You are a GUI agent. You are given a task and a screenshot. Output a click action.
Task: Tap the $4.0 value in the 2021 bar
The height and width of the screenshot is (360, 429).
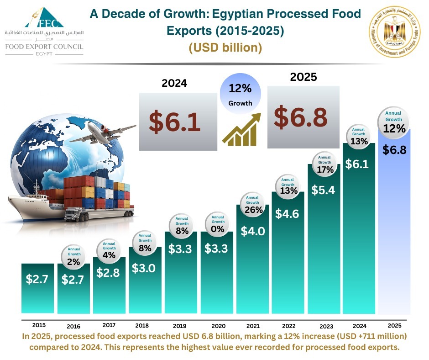coord(253,231)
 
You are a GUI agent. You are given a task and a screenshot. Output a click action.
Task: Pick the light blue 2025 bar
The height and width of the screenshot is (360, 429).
coord(395,228)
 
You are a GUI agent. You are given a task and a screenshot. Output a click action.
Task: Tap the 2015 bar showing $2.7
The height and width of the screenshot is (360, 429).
coord(37,288)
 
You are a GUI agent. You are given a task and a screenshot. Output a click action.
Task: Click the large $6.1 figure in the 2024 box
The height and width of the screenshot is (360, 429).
coord(175,122)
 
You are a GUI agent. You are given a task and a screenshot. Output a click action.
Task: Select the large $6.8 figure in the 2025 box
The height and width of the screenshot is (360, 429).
coord(300,117)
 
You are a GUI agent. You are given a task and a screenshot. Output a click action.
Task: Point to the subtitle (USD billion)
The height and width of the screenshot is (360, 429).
coord(225,47)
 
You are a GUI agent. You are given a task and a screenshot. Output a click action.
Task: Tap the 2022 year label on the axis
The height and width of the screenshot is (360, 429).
coord(289,326)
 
